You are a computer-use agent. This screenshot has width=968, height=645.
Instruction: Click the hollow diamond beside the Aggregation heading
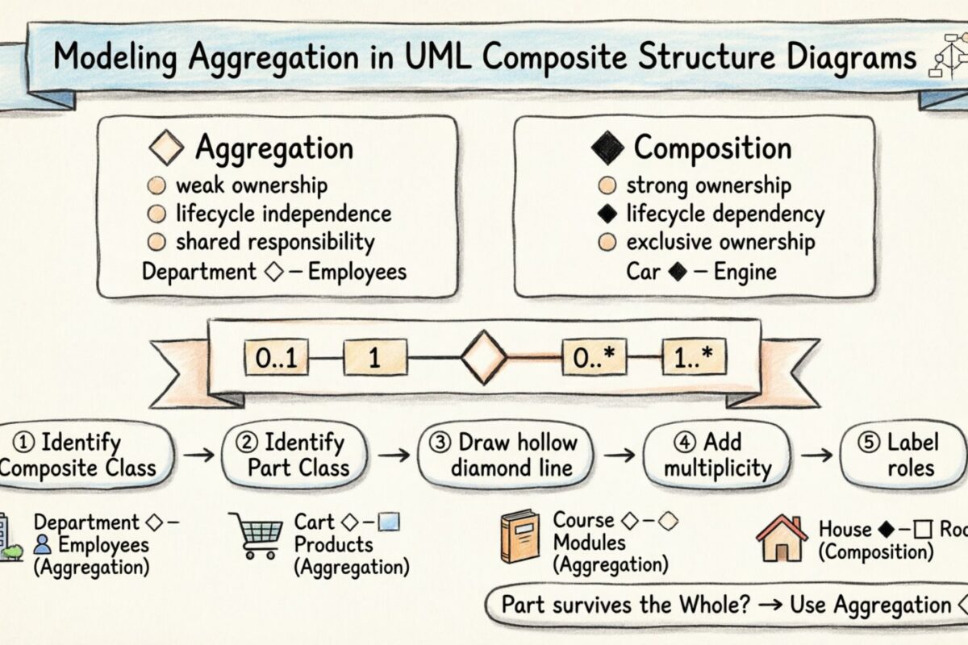point(168,149)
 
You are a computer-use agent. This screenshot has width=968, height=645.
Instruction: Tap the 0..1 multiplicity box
point(277,359)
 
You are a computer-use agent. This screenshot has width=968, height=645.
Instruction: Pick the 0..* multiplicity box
point(593,359)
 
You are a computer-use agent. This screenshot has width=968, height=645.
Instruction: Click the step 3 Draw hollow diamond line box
point(503,455)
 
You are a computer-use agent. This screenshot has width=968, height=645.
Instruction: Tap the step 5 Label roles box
point(902,455)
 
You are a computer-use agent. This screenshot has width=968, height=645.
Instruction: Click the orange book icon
point(519,535)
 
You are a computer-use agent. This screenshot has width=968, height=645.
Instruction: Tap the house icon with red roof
point(782,538)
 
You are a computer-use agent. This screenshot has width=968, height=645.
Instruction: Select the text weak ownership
point(252,185)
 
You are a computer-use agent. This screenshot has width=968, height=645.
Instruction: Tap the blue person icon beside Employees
point(43,545)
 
